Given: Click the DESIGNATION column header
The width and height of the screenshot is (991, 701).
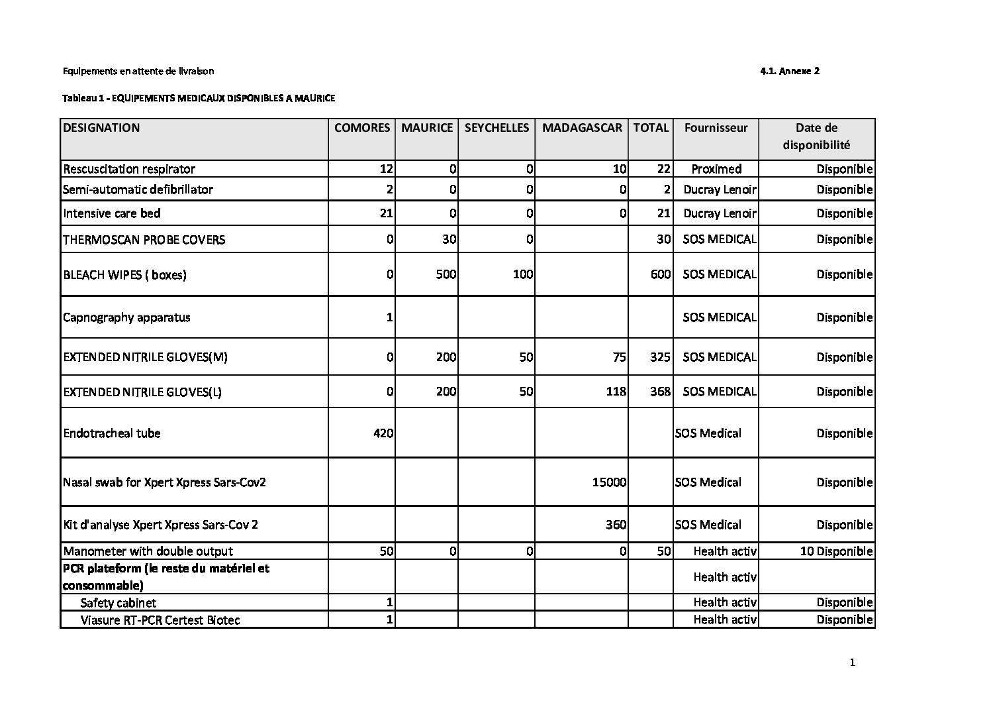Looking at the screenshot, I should click(101, 128).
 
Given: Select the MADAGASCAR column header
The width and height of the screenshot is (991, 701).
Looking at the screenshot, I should click(582, 128).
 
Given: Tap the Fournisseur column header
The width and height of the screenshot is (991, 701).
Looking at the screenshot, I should click(716, 128).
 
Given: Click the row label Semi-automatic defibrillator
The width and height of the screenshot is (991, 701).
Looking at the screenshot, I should click(138, 189).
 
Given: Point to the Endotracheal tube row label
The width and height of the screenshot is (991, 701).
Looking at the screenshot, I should click(112, 433).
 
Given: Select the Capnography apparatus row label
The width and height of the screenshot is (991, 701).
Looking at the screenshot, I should click(126, 317).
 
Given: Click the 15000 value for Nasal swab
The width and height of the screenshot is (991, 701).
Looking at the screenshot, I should click(609, 482).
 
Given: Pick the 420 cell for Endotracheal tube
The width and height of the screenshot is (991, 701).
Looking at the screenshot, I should click(383, 433).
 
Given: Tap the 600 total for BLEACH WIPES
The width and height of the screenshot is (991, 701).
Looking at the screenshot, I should click(660, 274).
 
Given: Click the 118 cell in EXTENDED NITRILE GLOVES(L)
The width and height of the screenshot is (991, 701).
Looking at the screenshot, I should click(616, 392).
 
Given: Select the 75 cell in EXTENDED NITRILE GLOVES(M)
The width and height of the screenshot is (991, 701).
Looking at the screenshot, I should click(619, 357).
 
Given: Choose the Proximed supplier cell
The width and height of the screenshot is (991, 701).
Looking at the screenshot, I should click(716, 169).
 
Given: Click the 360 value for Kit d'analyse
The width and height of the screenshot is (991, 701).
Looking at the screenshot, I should click(616, 525).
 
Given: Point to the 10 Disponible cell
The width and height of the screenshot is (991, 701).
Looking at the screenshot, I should click(836, 551).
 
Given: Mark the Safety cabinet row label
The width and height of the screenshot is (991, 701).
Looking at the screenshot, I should click(118, 603).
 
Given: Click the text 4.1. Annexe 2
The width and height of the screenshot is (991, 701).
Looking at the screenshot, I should click(790, 71).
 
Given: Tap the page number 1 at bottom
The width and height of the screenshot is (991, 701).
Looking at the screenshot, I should click(852, 663).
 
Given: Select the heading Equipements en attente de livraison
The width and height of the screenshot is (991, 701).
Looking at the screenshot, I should click(138, 71).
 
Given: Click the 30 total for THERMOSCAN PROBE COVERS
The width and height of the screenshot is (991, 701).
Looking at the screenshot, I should click(663, 239).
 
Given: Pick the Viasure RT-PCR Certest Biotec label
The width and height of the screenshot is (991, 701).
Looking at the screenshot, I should click(160, 620).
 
